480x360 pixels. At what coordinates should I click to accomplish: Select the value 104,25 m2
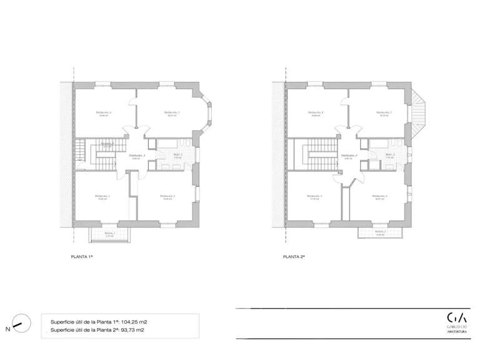coord(134,322)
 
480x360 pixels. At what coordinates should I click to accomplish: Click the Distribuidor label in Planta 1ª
coord(137,155)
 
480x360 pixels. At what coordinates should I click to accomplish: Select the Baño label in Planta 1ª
coord(177,154)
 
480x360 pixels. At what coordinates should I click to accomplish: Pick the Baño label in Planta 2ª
coord(390,154)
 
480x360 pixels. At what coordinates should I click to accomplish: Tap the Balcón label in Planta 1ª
coord(109,233)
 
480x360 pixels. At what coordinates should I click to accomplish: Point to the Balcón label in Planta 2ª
coord(380,231)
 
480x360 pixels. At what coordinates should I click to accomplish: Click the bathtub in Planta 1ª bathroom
coord(167,143)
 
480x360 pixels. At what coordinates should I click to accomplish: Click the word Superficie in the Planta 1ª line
coord(62,322)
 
